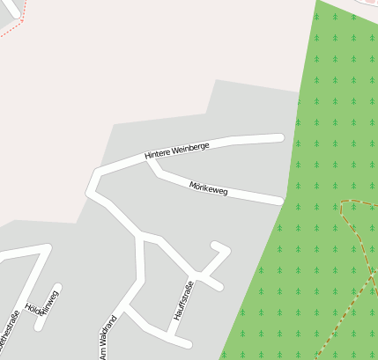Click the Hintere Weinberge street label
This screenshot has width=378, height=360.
(177, 151)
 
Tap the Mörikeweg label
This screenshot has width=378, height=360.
(209, 188)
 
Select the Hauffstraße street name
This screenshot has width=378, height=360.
(183, 300)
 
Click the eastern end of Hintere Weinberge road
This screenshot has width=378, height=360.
(280, 137)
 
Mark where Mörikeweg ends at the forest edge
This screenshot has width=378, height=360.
(280, 201)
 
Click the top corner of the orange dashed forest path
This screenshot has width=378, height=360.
(342, 202)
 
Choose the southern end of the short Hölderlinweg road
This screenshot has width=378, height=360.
(39, 327)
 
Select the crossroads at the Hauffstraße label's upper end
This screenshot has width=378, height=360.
(199, 277)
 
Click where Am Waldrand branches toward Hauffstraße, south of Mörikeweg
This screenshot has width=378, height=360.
(140, 237)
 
